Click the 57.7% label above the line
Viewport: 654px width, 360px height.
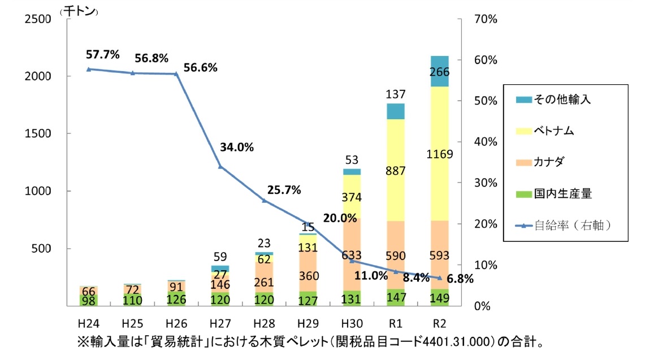[x=102, y=55]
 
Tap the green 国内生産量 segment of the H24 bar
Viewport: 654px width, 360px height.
[x=88, y=300]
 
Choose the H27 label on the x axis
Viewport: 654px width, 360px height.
[x=219, y=324]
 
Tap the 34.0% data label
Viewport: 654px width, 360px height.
[x=237, y=148]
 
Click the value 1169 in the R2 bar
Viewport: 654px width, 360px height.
[x=440, y=154]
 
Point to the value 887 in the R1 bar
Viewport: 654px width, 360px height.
[x=396, y=172]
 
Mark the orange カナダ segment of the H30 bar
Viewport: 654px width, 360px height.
[x=352, y=254]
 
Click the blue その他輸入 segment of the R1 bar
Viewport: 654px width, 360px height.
[x=396, y=111]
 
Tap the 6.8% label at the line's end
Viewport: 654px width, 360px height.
[x=459, y=278]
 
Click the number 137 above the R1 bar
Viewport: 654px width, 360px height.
[x=396, y=94]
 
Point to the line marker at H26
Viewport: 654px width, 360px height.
[x=176, y=73]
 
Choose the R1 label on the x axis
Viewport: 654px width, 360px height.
[x=396, y=324]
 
